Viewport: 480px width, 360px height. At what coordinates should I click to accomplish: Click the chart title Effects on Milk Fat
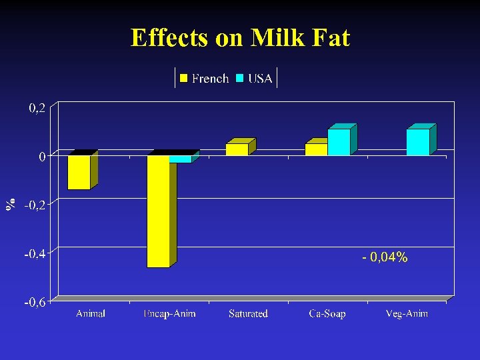pyautogui.click(x=240, y=38)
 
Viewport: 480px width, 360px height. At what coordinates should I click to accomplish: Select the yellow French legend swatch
pyautogui.click(x=184, y=79)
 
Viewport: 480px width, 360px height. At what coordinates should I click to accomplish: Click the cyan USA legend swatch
pyautogui.click(x=240, y=79)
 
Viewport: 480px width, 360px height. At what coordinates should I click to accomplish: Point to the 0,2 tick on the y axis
pyautogui.click(x=37, y=108)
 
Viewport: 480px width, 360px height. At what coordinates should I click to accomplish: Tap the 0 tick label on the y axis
pyautogui.click(x=41, y=157)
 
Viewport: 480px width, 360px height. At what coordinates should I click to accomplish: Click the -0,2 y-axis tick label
pyautogui.click(x=35, y=205)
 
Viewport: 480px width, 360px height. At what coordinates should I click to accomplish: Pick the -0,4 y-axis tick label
pyautogui.click(x=35, y=254)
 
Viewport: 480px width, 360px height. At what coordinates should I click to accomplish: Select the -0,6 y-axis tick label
pyautogui.click(x=35, y=303)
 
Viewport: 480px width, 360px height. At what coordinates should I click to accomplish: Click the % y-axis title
pyautogui.click(x=11, y=205)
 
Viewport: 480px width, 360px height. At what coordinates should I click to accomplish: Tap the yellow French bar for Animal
pyautogui.click(x=79, y=172)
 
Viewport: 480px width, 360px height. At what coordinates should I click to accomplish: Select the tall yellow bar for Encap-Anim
pyautogui.click(x=159, y=211)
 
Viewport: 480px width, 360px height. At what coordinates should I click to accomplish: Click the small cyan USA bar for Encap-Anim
pyautogui.click(x=180, y=159)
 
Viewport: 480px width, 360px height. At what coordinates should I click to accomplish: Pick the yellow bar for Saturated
pyautogui.click(x=237, y=149)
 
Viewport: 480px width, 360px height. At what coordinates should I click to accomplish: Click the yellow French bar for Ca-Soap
pyautogui.click(x=316, y=149)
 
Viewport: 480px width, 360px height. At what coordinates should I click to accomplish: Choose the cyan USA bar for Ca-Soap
pyautogui.click(x=339, y=142)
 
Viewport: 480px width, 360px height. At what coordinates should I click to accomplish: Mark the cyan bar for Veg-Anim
pyautogui.click(x=418, y=142)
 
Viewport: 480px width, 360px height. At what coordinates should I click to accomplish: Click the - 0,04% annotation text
pyautogui.click(x=385, y=257)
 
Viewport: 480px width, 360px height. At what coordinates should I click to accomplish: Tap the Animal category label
pyautogui.click(x=91, y=313)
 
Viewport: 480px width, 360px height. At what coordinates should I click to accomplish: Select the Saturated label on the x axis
pyautogui.click(x=248, y=313)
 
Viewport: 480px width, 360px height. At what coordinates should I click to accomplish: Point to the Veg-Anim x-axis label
pyautogui.click(x=407, y=313)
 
